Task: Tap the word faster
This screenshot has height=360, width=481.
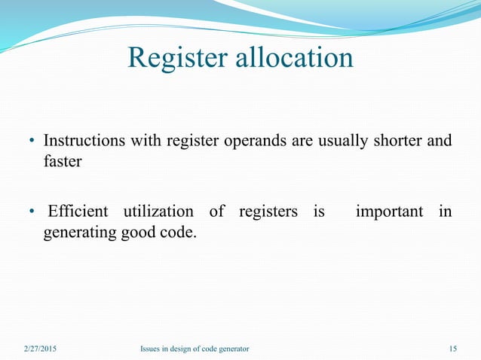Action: pos(61,161)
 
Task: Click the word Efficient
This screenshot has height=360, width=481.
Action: pos(78,212)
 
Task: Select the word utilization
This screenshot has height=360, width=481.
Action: pos(159,212)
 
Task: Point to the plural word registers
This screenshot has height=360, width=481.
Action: pos(268,212)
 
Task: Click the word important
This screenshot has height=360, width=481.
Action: pos(389,212)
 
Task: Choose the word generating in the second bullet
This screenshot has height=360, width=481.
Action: pos(78,233)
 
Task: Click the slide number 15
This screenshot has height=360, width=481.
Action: pos(452,349)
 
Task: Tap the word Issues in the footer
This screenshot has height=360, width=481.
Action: pos(151,349)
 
